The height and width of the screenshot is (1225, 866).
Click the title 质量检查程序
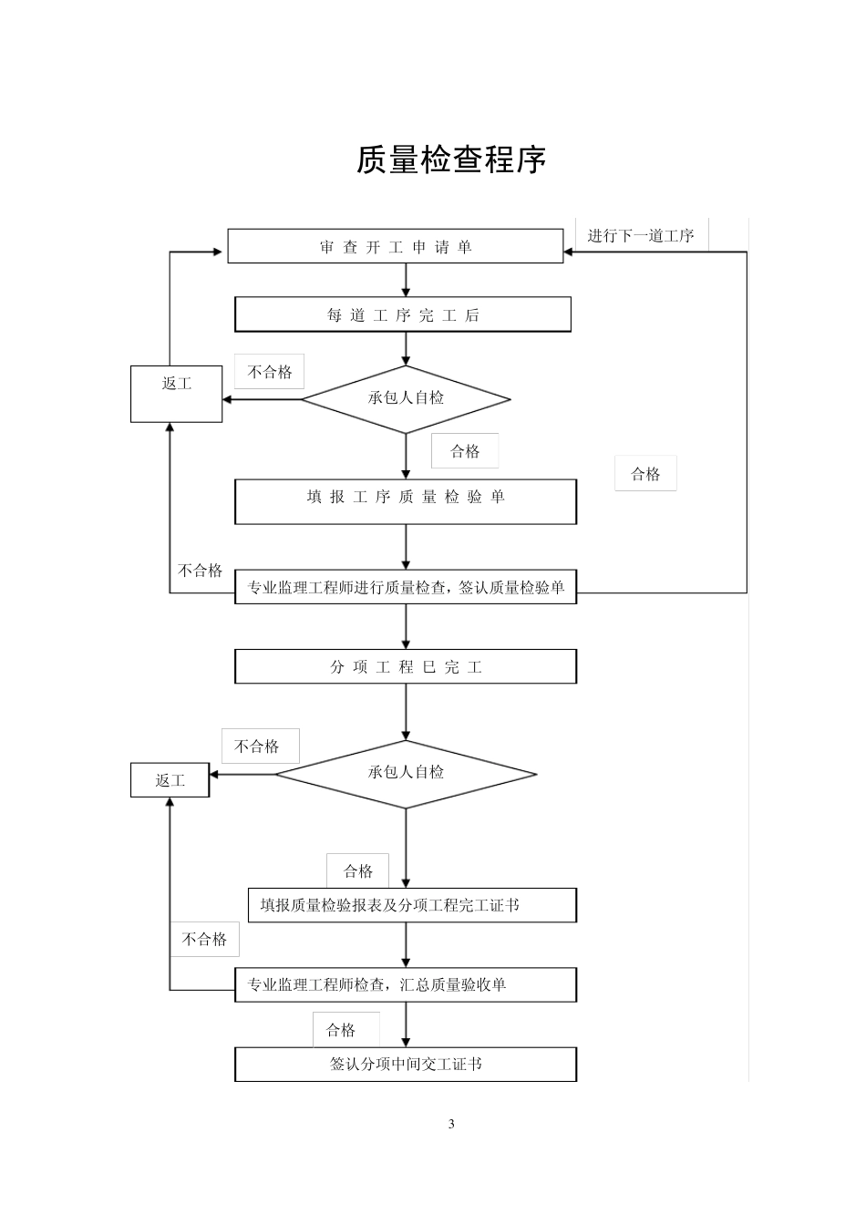pyautogui.click(x=450, y=160)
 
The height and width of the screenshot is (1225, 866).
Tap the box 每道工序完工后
pyautogui.click(x=403, y=315)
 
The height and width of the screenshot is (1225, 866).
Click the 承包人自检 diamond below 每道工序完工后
pyautogui.click(x=406, y=398)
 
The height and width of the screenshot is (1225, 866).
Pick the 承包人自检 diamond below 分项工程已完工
pyautogui.click(x=406, y=773)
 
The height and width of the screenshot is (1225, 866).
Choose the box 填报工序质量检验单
pyautogui.click(x=406, y=500)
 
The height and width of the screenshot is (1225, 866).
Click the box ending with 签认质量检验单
pyautogui.click(x=406, y=588)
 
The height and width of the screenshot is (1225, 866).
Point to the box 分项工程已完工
pyautogui.click(x=406, y=667)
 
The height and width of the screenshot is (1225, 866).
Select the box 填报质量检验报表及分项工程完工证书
pyautogui.click(x=412, y=905)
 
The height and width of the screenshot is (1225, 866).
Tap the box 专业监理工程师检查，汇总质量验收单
pyautogui.click(x=406, y=984)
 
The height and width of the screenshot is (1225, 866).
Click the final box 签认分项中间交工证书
pyautogui.click(x=406, y=1064)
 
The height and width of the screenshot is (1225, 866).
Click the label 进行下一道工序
pyautogui.click(x=641, y=236)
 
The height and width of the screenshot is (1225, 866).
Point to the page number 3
pyautogui.click(x=450, y=1123)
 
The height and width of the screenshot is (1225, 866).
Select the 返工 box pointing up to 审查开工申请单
pyautogui.click(x=176, y=394)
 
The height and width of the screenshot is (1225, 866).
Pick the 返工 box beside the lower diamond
pyautogui.click(x=170, y=781)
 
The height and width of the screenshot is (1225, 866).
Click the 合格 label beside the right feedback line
pyautogui.click(x=645, y=474)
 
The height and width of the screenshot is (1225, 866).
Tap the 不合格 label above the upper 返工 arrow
pyautogui.click(x=269, y=372)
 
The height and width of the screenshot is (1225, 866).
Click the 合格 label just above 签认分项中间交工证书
pyautogui.click(x=341, y=1030)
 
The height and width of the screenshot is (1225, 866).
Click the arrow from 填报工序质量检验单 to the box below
pyautogui.click(x=406, y=547)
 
